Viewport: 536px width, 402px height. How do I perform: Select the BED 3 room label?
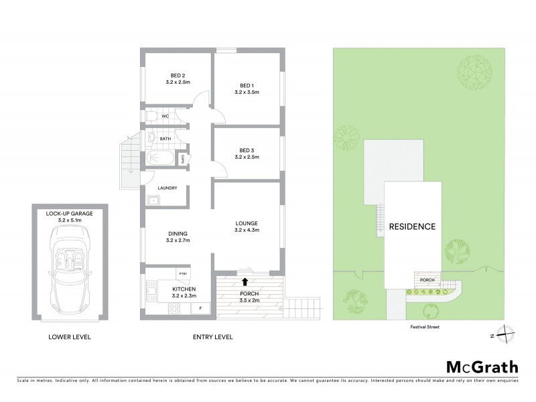coord(247,153)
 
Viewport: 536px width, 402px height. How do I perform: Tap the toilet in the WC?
coord(151,117)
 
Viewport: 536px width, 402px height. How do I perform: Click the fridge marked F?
coord(200,308)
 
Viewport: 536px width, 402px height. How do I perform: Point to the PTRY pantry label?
coord(182,273)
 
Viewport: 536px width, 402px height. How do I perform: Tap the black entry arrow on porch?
coord(245,281)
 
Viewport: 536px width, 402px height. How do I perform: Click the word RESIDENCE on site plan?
coord(412,226)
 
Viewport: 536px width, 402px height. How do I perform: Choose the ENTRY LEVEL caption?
coord(212,337)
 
